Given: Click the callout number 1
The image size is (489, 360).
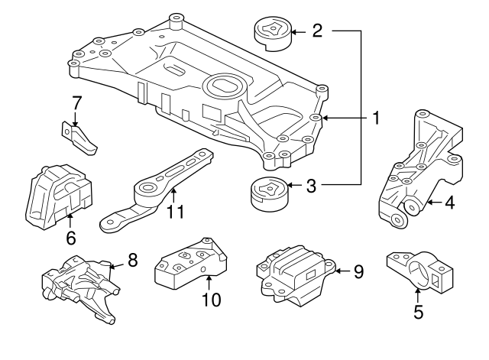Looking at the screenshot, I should tap(375, 118).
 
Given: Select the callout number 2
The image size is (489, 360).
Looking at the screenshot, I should tap(317, 31).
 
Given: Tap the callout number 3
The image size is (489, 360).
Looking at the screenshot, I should tap(312, 184).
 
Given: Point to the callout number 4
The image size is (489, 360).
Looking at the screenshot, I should tap(449, 203).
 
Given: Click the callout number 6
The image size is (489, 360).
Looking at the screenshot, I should tap(71, 238).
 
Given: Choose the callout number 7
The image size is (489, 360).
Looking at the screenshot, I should tap(76, 102).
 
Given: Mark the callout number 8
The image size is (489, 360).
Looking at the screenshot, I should tap(132, 260).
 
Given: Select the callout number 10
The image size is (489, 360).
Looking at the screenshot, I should tap(209, 300).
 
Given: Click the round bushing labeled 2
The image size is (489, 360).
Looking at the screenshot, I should tap(269, 31).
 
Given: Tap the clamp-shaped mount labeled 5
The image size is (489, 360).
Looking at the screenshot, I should tap(417, 270).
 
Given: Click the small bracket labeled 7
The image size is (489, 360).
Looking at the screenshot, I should tap(79, 138).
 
